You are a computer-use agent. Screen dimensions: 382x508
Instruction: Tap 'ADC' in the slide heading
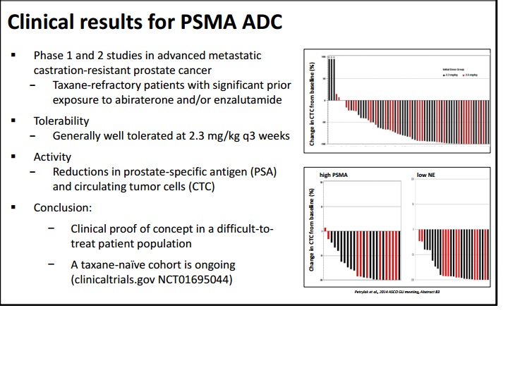click(x=258, y=23)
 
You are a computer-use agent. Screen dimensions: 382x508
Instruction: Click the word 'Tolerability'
click(x=61, y=121)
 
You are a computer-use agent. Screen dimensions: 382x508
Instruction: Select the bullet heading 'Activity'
click(x=52, y=157)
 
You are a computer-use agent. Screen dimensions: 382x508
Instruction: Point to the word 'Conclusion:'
click(x=63, y=208)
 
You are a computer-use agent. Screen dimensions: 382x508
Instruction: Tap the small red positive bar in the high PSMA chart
click(x=326, y=230)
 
